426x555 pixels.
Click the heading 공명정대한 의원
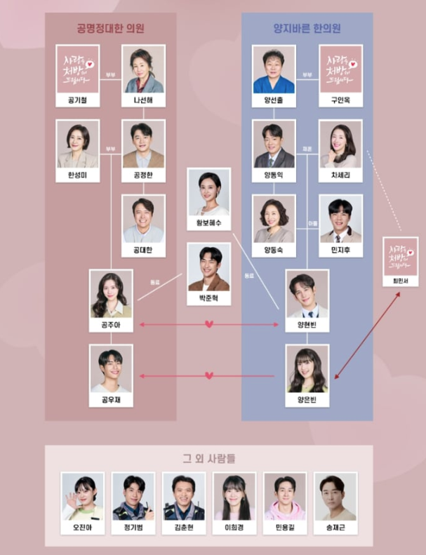click(x=110, y=29)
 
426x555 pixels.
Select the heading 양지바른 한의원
click(x=307, y=29)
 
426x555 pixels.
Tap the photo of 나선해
click(x=143, y=69)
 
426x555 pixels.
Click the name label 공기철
click(x=79, y=101)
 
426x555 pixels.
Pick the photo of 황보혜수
click(x=208, y=193)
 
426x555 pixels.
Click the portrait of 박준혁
click(x=208, y=267)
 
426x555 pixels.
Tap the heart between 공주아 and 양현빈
click(x=208, y=325)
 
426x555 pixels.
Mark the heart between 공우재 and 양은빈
click(x=208, y=376)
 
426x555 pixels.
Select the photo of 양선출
click(x=274, y=69)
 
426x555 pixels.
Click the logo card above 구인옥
click(x=340, y=69)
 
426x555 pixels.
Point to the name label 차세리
click(x=340, y=176)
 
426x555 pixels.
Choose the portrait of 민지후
click(x=340, y=219)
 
